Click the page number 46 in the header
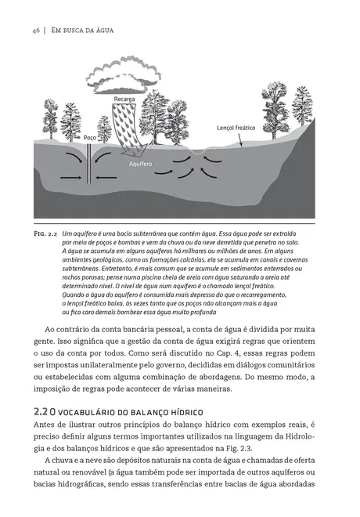coord(36,30)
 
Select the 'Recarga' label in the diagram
coord(125,99)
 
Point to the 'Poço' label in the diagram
coord(89,137)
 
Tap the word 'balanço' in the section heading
coord(145,412)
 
